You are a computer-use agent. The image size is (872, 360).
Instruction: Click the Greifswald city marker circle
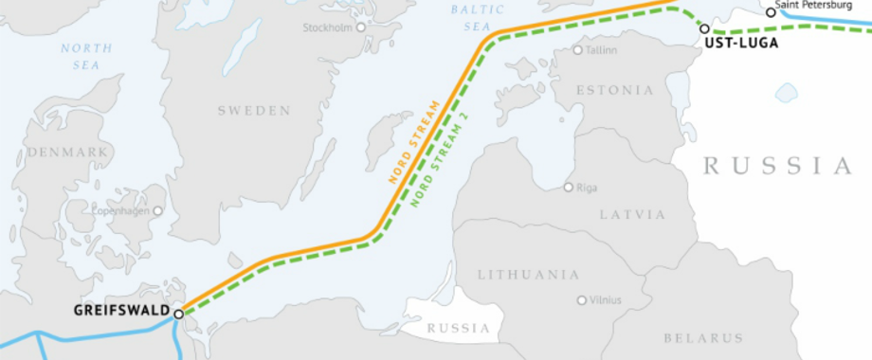178,313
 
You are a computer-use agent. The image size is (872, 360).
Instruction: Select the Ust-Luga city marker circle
704,29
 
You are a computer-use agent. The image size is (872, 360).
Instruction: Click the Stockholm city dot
360,27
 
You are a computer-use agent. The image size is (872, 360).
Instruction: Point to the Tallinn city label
601,49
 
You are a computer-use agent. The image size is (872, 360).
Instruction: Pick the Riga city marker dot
568,188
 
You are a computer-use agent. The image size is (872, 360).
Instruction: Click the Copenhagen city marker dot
158,211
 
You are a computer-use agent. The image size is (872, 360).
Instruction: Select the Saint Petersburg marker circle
771,13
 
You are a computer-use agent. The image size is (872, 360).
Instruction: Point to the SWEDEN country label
254,111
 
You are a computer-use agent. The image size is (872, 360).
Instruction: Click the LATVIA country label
632,215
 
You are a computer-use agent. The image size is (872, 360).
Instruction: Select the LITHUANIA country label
528,275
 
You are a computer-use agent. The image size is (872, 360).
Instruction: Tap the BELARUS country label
703,338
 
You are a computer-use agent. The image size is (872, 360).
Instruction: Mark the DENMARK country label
68,153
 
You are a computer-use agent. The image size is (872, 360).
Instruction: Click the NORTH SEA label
86,55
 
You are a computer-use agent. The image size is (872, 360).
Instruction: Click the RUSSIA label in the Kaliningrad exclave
459,330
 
